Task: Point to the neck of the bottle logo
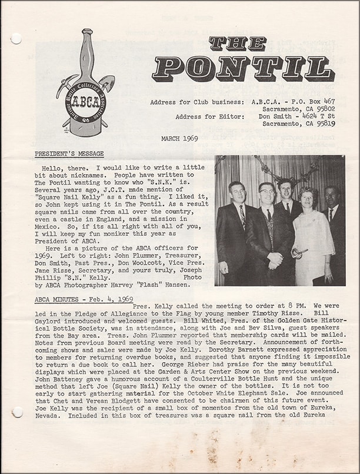86,50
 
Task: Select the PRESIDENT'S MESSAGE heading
69,154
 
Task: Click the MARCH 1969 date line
179,139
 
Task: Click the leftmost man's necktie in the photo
242,217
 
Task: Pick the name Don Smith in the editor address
276,116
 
